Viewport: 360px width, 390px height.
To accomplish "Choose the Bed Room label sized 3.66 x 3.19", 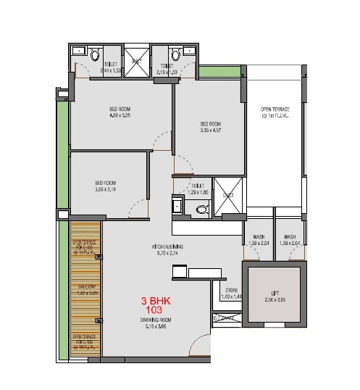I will [106, 186].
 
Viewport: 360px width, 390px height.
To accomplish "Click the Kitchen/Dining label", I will [167, 250].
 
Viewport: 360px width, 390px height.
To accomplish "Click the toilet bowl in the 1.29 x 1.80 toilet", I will [203, 210].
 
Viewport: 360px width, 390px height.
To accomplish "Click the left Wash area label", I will [259, 241].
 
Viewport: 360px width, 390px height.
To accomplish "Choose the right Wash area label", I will [290, 241].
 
